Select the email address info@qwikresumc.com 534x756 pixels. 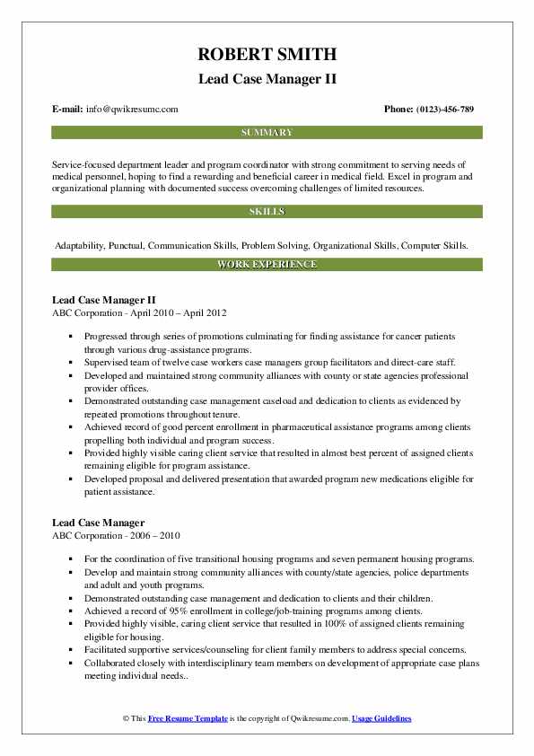click(133, 110)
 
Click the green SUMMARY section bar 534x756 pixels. click(267, 133)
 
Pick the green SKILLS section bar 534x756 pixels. click(267, 212)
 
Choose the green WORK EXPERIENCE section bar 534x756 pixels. click(267, 265)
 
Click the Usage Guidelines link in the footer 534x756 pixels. click(381, 719)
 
